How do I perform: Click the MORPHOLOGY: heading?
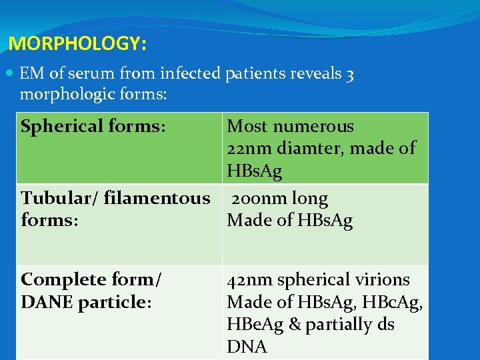[x=77, y=45]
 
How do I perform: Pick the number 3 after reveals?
[x=350, y=75]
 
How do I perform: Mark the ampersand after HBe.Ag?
[x=293, y=325]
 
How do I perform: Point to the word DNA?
[x=247, y=347]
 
